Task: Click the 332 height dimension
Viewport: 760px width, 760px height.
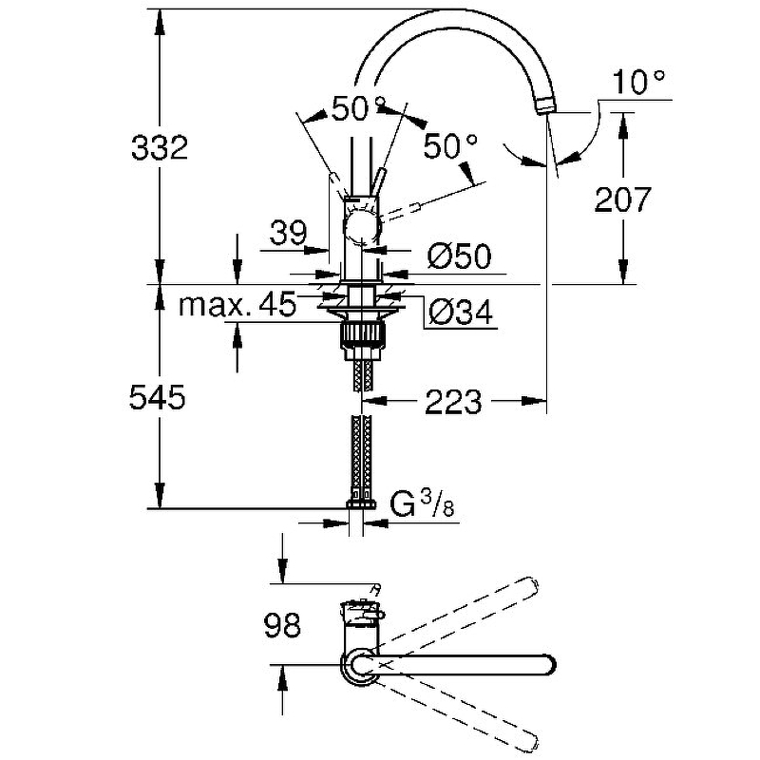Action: pos(160,147)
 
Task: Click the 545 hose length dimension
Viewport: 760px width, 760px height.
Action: pos(158,397)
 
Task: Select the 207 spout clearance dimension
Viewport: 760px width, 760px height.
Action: pos(622,199)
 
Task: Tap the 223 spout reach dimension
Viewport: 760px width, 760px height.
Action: pos(453,401)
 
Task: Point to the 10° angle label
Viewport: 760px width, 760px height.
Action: pos(637,82)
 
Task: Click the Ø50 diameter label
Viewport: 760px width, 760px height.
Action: pos(459,256)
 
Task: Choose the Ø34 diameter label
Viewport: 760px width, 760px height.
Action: pos(461,312)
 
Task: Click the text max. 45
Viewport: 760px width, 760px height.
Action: pos(237,304)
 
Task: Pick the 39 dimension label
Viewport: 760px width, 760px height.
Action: pos(289,232)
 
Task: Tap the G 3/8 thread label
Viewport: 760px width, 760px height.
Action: pos(422,505)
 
